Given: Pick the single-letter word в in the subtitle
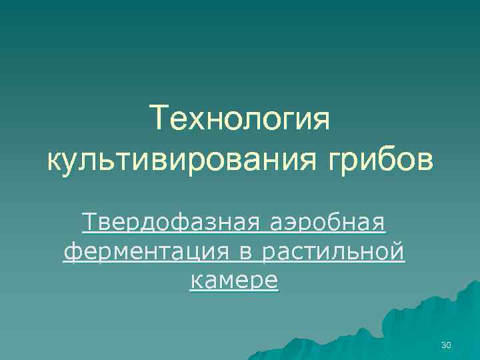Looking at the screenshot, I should (x=243, y=253).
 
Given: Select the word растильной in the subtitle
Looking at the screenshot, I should (x=331, y=253).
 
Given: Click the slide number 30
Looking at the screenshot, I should (x=446, y=345).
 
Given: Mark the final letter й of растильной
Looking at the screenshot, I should (x=398, y=253).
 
